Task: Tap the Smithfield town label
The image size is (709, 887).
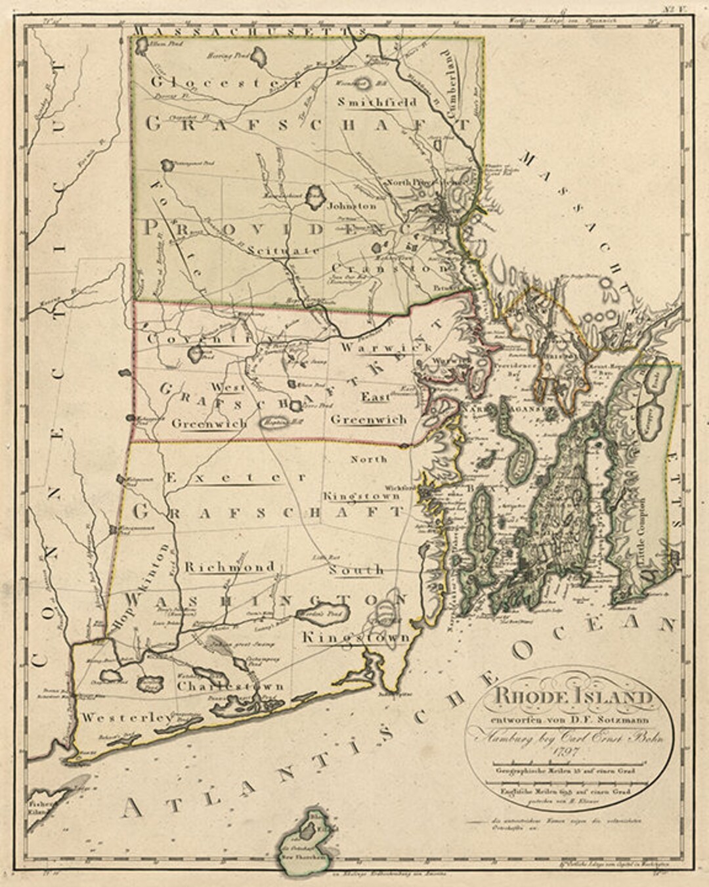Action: pyautogui.click(x=377, y=102)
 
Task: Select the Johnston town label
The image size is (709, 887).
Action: pyautogui.click(x=352, y=206)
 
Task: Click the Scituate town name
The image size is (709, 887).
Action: pyautogui.click(x=284, y=250)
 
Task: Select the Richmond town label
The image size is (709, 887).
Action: pyautogui.click(x=229, y=567)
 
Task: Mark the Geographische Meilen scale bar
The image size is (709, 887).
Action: pyautogui.click(x=565, y=763)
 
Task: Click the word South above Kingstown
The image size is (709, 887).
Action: pyautogui.click(x=356, y=569)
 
